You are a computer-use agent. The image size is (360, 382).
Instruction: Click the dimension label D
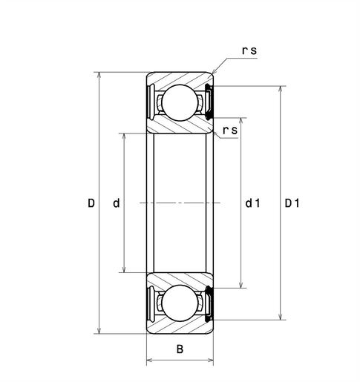pyautogui.click(x=91, y=203)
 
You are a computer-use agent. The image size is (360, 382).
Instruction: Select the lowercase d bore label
pyautogui.click(x=117, y=203)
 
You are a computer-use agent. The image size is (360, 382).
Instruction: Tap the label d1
pyautogui.click(x=252, y=203)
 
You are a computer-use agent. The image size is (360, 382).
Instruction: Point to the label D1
pyautogui.click(x=292, y=203)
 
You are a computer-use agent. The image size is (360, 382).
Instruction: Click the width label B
pyautogui.click(x=180, y=349)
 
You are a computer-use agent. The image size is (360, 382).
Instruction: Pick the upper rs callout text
pyautogui.click(x=249, y=50)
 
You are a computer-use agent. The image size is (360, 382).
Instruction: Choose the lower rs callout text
pyautogui.click(x=230, y=131)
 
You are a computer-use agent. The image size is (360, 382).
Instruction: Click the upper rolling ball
pyautogui.click(x=180, y=102)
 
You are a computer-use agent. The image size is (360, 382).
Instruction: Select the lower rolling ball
pyautogui.click(x=180, y=303)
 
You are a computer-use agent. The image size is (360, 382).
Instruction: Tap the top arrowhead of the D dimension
pyautogui.click(x=99, y=75)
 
